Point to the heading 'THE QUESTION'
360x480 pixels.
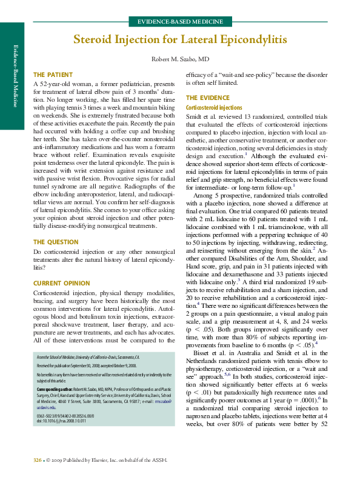[x=56, y=242]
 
